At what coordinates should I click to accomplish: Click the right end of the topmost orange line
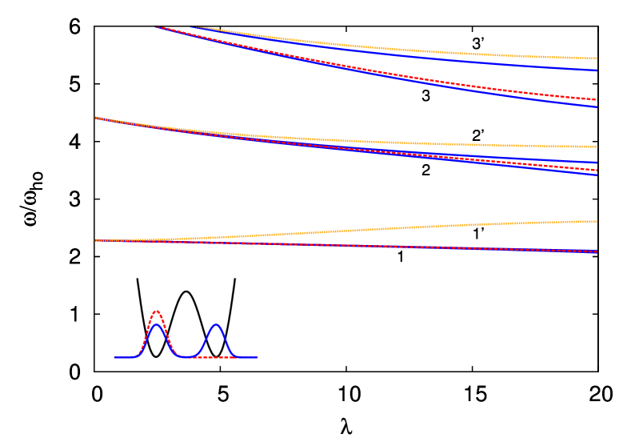coord(597,58)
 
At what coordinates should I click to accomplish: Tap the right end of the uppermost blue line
coord(597,70)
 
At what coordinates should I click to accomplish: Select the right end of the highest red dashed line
coord(597,100)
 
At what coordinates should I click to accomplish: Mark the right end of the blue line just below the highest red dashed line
coord(597,106)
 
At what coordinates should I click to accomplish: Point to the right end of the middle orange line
coord(597,147)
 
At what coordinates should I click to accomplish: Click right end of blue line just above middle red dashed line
coord(597,163)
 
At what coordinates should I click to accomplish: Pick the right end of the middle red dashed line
coord(597,170)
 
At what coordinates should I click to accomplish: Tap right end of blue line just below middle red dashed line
coord(597,175)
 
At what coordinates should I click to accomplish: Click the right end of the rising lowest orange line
coord(597,221)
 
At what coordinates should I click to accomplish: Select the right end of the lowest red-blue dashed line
coord(597,252)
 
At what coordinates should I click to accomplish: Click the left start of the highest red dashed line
coord(155,26)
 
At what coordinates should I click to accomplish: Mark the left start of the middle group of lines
coord(95,118)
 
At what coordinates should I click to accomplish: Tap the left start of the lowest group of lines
coord(95,240)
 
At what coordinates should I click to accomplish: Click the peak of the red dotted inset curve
coord(157,311)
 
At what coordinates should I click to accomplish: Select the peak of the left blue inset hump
coord(157,324)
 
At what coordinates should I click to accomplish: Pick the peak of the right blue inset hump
coord(216,324)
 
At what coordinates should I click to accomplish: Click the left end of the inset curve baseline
coord(114,357)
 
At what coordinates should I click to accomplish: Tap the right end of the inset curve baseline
coord(258,357)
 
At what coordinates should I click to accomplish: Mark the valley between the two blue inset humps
coord(186,356)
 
